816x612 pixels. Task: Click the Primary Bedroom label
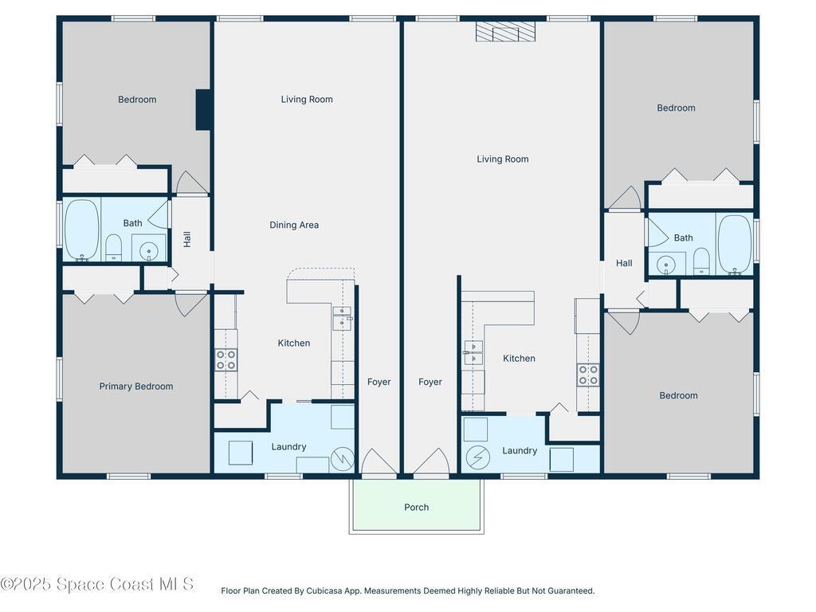[136, 386]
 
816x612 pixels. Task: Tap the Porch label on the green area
[416, 508]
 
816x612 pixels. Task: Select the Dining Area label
[294, 226]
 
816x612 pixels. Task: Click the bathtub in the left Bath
[81, 230]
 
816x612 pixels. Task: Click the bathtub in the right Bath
[734, 244]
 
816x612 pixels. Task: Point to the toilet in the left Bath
[114, 247]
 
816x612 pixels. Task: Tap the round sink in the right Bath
[666, 264]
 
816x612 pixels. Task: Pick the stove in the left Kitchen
[226, 360]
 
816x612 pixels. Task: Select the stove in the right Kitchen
[588, 375]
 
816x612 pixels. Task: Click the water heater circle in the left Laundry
[343, 458]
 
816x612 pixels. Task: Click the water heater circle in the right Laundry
[477, 457]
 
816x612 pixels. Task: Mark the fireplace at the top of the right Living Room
[506, 31]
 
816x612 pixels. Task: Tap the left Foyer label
[379, 382]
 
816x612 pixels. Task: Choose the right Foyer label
[430, 382]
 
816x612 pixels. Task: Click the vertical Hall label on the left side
[187, 239]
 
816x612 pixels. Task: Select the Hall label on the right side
[624, 263]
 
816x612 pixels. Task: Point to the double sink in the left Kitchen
[342, 317]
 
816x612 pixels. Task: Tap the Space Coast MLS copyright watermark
[97, 584]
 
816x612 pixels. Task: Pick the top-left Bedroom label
[137, 100]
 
